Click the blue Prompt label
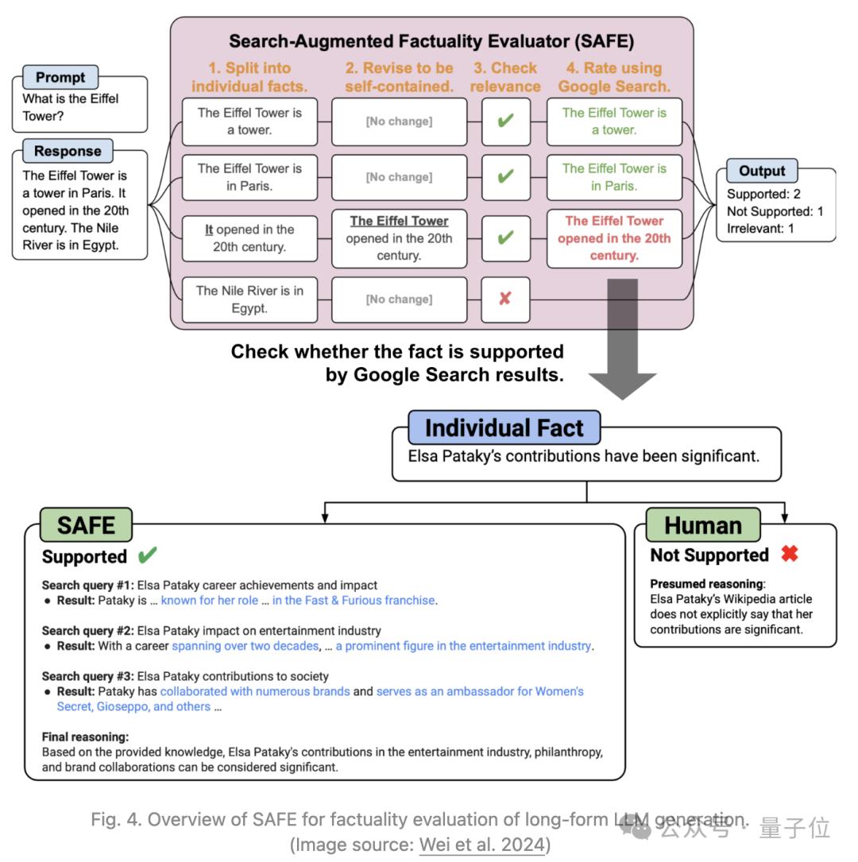tap(60, 78)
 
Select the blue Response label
tap(68, 151)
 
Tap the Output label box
tap(761, 171)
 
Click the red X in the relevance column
tap(504, 299)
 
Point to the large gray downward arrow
tap(622, 342)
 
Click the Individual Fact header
tap(504, 428)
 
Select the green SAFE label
tap(86, 525)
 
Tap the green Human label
tap(702, 525)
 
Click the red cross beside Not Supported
tap(789, 554)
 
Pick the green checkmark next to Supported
tap(147, 555)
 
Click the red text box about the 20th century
tap(613, 238)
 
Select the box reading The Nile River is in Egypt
tap(249, 300)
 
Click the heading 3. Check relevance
tap(504, 77)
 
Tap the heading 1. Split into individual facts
tap(249, 77)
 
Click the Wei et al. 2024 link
tap(481, 844)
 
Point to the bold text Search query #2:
tap(87, 631)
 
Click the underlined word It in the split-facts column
tap(209, 230)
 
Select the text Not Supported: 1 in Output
tap(775, 211)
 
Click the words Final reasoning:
tap(85, 736)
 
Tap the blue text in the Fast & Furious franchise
tap(354, 601)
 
